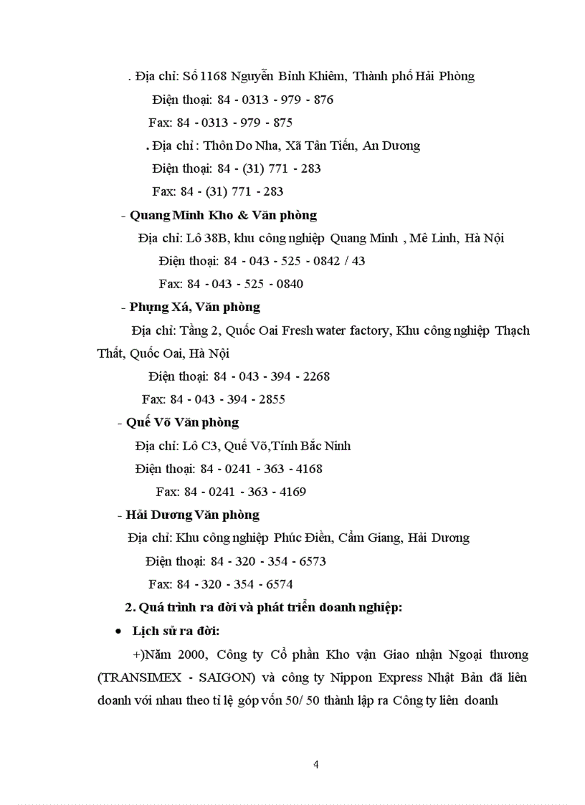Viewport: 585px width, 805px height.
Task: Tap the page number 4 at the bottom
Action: [316, 764]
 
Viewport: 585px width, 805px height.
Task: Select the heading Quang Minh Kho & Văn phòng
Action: [223, 215]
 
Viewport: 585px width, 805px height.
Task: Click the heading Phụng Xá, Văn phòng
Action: [194, 307]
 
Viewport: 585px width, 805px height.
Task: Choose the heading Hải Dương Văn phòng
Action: [192, 515]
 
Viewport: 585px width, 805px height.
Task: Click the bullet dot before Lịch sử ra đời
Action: [118, 632]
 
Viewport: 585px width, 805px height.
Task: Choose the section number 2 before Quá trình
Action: [130, 608]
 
